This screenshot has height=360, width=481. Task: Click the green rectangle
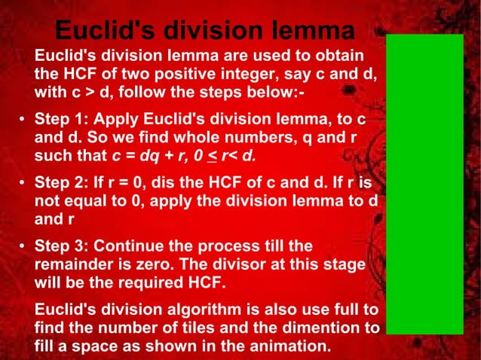click(424, 184)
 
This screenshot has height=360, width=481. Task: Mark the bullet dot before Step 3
click(23, 248)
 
